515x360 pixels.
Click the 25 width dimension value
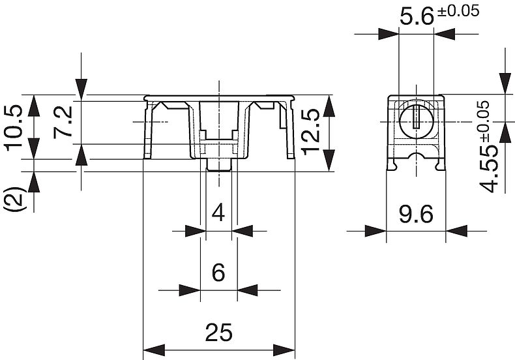tap(219, 332)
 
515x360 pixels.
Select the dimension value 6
tap(218, 273)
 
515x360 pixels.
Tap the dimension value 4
tap(218, 213)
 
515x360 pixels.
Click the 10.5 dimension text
tap(14, 128)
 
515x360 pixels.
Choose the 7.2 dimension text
tap(63, 121)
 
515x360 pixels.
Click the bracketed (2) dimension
tap(15, 200)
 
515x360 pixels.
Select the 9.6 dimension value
tap(416, 215)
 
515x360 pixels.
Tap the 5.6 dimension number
tap(417, 17)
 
